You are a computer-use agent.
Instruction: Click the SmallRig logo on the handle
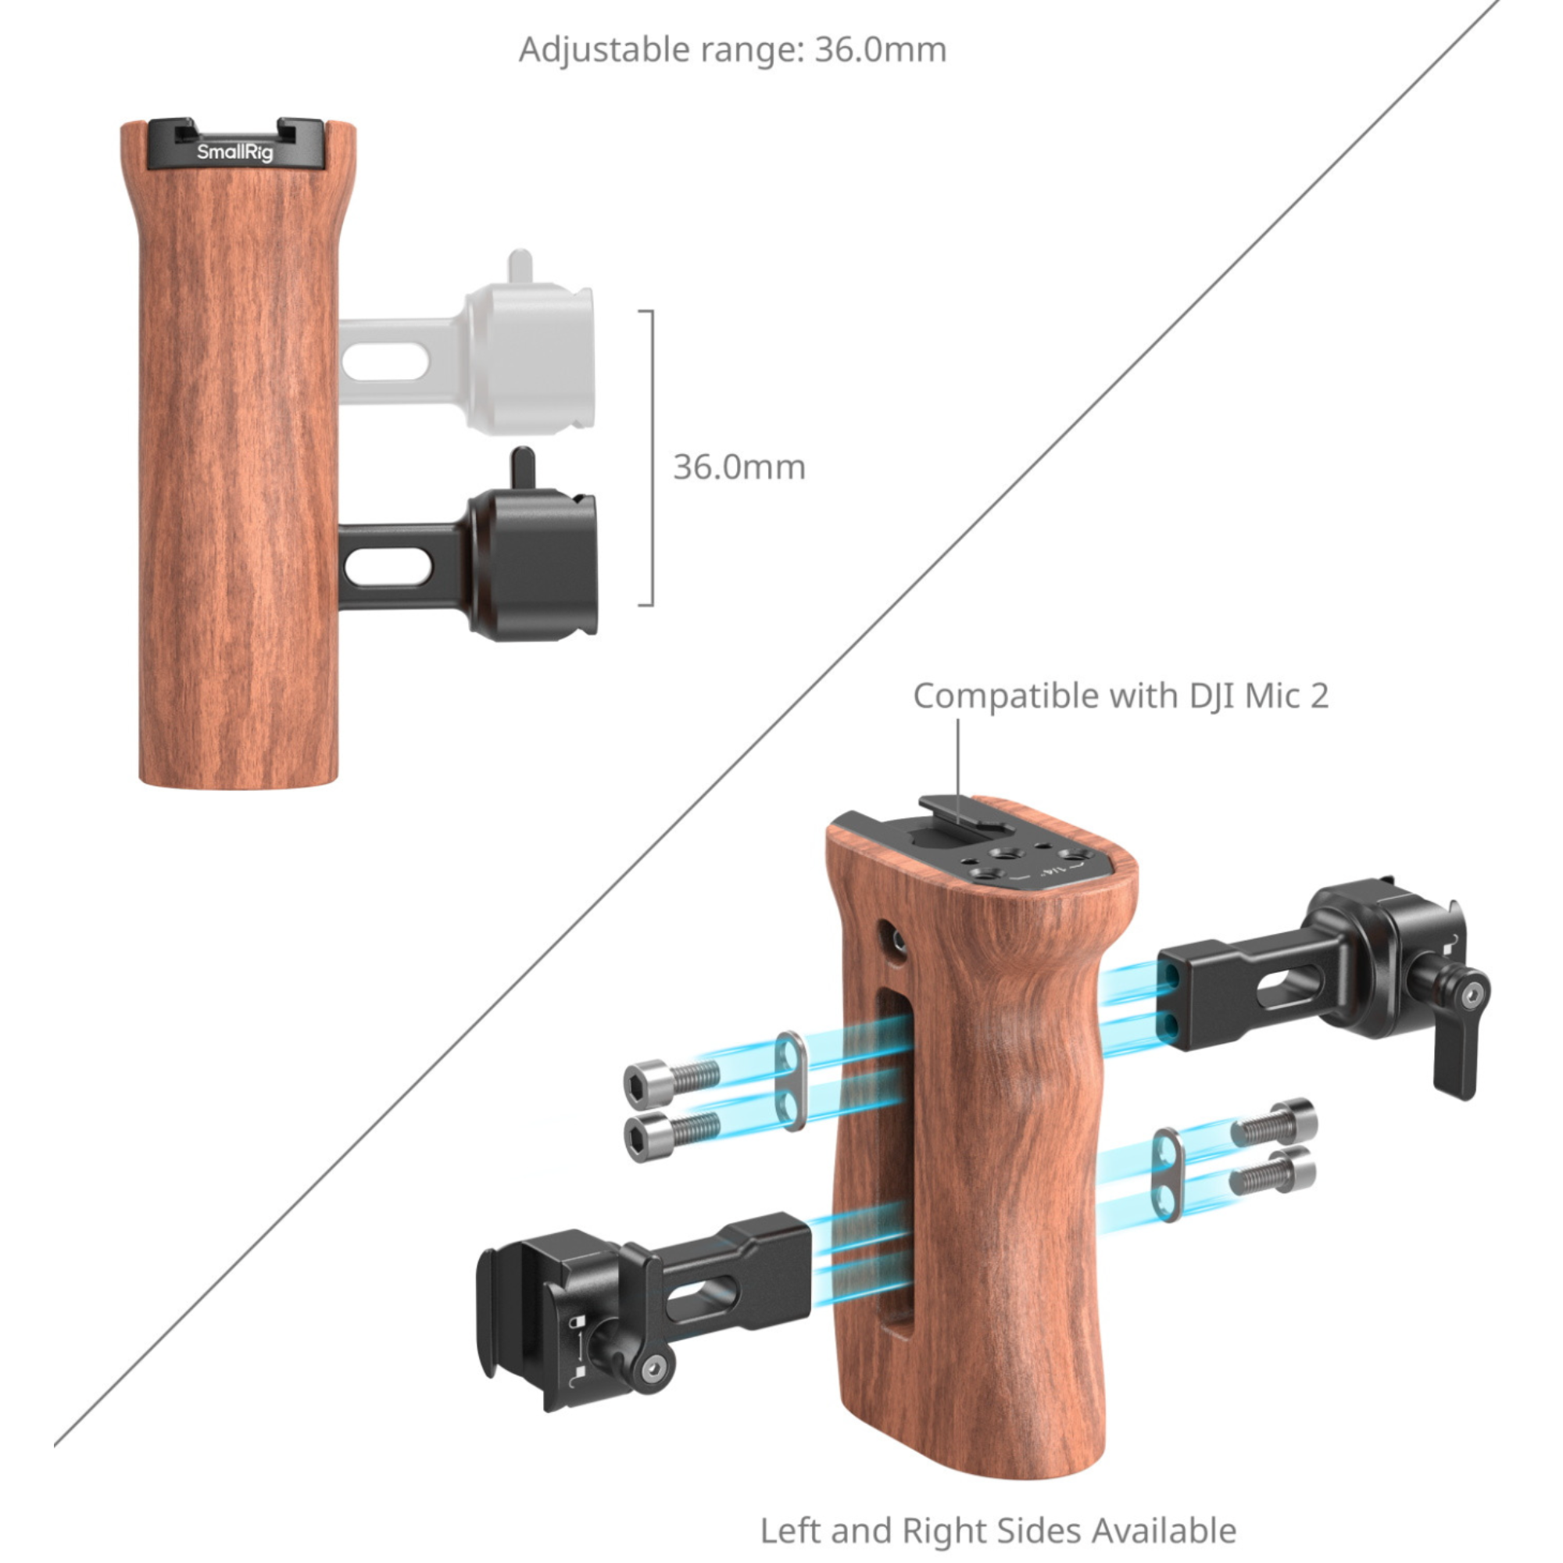coord(234,152)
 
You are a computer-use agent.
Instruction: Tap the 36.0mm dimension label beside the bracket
coord(739,467)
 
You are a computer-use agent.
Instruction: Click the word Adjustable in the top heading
coord(604,50)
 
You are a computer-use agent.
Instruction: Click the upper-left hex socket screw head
coord(671,1079)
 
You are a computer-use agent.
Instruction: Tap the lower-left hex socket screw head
coord(671,1134)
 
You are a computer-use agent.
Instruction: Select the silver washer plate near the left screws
coord(790,1081)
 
